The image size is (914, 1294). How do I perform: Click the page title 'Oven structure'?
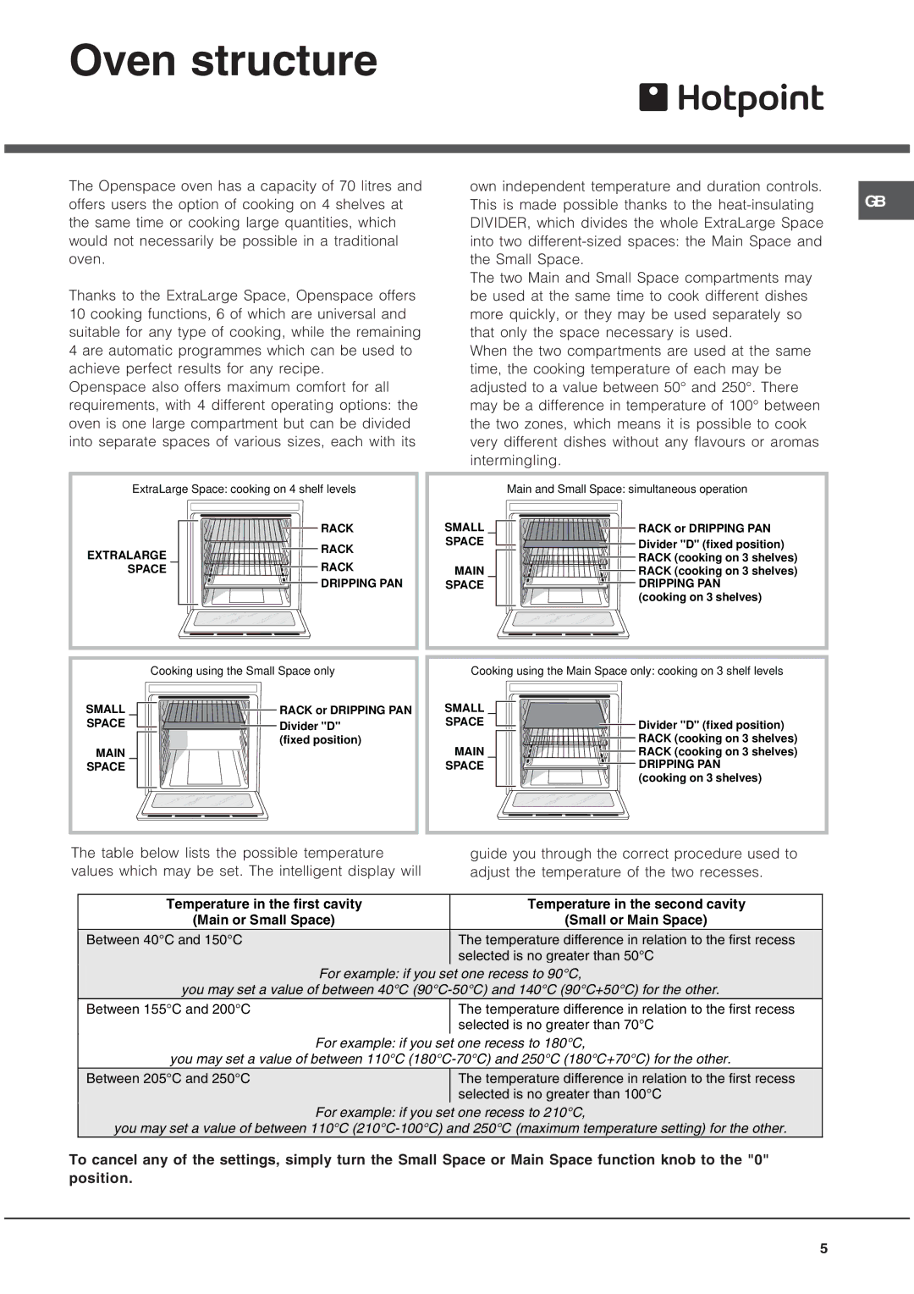coord(223,61)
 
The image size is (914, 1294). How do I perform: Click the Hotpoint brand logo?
coord(731,99)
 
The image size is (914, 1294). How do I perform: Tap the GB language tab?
coord(876,202)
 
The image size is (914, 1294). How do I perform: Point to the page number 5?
coord(823,1248)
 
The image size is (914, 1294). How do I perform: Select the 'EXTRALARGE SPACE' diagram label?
coord(127,562)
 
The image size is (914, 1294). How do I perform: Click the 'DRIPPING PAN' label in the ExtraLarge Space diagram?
coord(361,583)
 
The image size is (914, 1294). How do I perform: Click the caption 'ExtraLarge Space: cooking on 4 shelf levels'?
coord(244,489)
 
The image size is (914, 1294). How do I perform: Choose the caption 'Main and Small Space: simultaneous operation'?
coord(626,489)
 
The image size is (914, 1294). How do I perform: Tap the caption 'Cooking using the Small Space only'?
coord(242,672)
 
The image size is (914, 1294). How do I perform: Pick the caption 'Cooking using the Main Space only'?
coord(626,672)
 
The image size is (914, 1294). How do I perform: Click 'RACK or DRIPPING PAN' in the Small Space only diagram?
coord(345,711)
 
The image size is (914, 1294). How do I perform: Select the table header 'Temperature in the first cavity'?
coord(264,904)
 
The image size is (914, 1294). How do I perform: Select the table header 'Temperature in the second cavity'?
coord(636,904)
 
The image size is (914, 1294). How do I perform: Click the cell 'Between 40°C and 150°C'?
coord(164,940)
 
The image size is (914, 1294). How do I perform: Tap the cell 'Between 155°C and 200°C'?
coord(168,1009)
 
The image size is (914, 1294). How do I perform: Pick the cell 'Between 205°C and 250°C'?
coord(168,1079)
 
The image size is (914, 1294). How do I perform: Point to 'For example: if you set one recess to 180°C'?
coord(450,1043)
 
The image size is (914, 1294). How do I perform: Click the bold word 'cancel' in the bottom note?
coord(113,1160)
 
